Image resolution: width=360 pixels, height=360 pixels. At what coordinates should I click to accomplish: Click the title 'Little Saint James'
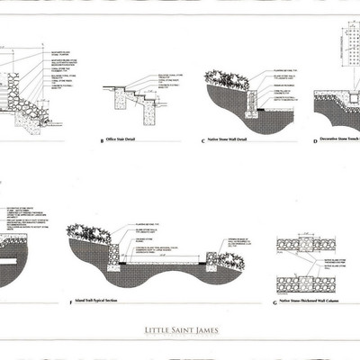pyautogui.click(x=180, y=330)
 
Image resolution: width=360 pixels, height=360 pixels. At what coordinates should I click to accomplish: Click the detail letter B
pyautogui.click(x=102, y=141)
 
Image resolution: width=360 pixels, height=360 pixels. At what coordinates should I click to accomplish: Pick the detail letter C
pyautogui.click(x=203, y=141)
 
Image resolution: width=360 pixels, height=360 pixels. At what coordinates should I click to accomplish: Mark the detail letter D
pyautogui.click(x=314, y=141)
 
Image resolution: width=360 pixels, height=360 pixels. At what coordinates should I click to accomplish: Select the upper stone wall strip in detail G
pyautogui.click(x=306, y=243)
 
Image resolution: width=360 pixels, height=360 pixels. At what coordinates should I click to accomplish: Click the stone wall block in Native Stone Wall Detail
pyautogui.click(x=246, y=99)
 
